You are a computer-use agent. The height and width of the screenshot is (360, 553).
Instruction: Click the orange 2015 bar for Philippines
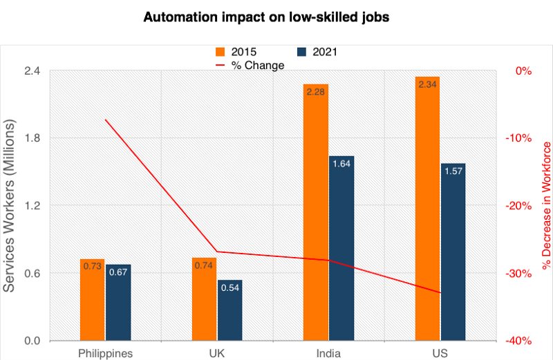[92, 300]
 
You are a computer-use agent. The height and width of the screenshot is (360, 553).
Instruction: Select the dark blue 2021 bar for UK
[230, 310]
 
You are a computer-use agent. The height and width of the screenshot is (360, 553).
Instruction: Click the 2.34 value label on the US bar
[428, 84]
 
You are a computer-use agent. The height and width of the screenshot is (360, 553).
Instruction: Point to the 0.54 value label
[230, 287]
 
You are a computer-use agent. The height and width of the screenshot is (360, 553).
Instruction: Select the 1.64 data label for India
[341, 164]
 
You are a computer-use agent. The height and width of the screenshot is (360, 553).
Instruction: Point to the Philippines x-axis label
[105, 353]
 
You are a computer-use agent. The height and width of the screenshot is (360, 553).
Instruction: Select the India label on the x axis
[328, 353]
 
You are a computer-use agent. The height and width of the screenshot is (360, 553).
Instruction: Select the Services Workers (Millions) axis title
[11, 205]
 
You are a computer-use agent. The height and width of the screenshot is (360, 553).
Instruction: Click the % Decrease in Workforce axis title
[547, 205]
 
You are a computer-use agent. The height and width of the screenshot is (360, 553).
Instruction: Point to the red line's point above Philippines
[105, 120]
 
